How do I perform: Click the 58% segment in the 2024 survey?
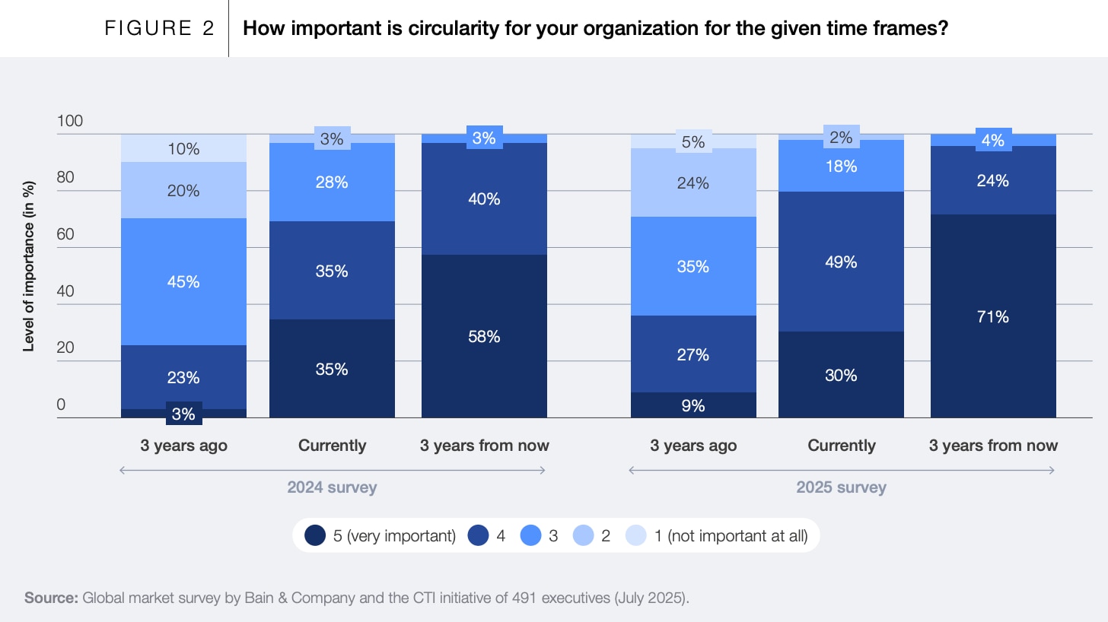(484, 336)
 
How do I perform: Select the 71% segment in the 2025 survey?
(993, 316)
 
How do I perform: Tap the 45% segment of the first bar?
(183, 281)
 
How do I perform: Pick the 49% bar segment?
(841, 262)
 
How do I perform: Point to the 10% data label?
(183, 149)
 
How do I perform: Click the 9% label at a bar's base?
(693, 406)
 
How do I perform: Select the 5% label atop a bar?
(693, 141)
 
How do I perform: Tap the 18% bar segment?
(841, 166)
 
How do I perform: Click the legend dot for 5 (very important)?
(315, 535)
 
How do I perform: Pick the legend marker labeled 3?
(530, 535)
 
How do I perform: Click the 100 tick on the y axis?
(69, 122)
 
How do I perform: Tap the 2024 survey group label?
(332, 487)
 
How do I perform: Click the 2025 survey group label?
(841, 487)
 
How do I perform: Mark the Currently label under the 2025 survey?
(841, 446)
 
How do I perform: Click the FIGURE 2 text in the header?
(160, 29)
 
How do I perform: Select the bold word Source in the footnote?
(51, 598)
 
